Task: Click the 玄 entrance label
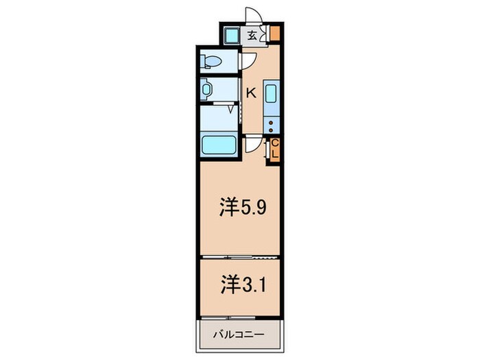(x=252, y=36)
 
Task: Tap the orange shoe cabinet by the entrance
(x=274, y=34)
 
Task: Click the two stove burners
(x=272, y=125)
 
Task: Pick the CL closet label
(x=274, y=149)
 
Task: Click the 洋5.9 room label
(x=239, y=208)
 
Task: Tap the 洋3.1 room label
(x=239, y=283)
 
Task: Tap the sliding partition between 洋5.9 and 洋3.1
(x=239, y=256)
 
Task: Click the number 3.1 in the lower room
(x=250, y=283)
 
